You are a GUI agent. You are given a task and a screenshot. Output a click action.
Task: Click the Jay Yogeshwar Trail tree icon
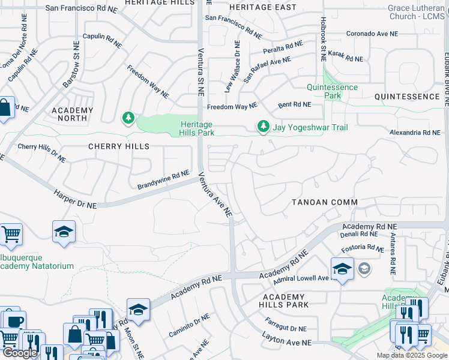[x=262, y=126]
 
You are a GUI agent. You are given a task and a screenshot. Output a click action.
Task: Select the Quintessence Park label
[x=332, y=91]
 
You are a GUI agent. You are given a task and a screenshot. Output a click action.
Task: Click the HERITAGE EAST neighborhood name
[x=262, y=7]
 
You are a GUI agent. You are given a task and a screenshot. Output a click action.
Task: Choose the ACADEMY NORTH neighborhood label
[x=72, y=115]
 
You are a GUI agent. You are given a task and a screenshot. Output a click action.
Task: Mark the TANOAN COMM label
[x=325, y=202]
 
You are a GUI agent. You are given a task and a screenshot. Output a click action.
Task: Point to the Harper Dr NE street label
[x=74, y=200]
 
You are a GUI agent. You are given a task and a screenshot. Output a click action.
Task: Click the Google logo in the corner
[x=20, y=353]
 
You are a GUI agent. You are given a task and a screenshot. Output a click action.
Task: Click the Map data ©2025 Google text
[x=411, y=355]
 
